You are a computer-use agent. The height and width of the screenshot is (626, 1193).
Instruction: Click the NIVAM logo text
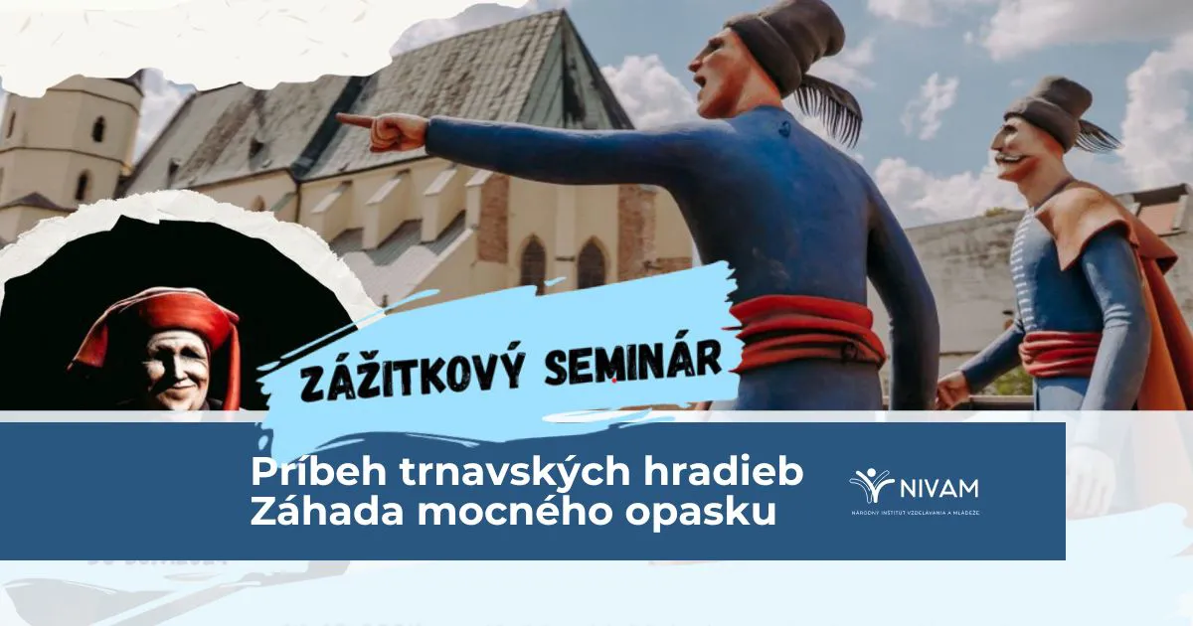point(939,488)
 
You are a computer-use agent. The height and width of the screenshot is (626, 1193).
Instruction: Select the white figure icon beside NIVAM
point(871,486)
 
